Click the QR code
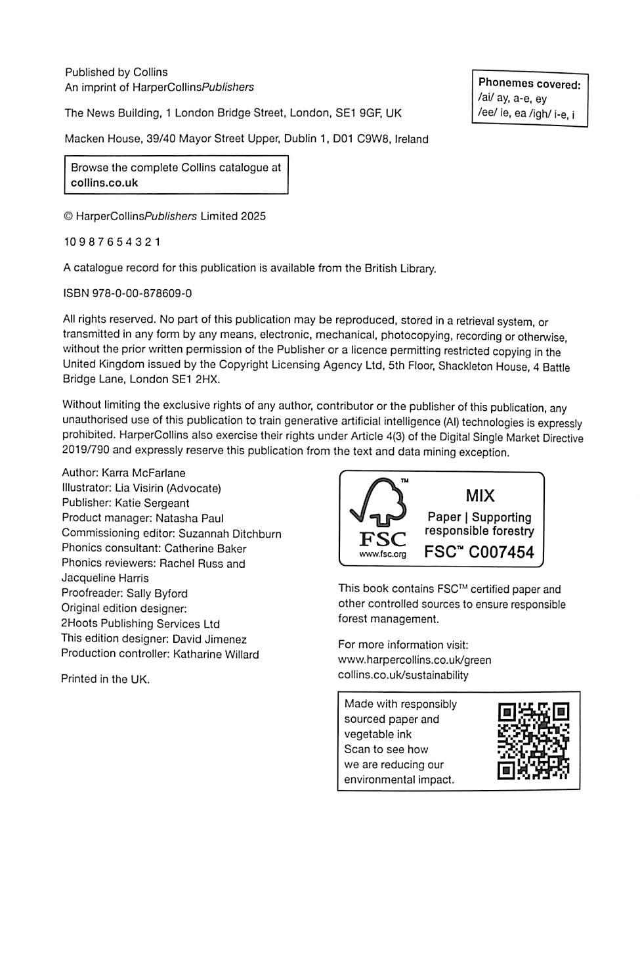(x=533, y=741)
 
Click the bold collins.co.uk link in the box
(x=104, y=183)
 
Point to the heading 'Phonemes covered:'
(x=529, y=83)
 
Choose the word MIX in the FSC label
(x=480, y=496)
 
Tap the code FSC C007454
(x=479, y=552)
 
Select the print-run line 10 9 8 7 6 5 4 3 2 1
(x=112, y=242)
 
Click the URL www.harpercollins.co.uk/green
(x=414, y=660)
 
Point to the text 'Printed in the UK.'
(x=105, y=679)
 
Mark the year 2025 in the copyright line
(x=253, y=216)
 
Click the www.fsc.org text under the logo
(x=382, y=554)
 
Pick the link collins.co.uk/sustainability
(x=403, y=675)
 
